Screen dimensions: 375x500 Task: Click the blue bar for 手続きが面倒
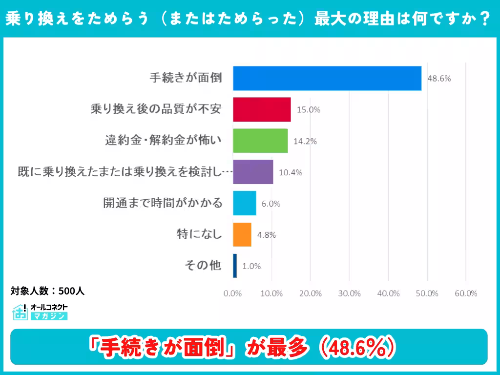327,78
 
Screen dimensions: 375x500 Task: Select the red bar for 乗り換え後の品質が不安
262,109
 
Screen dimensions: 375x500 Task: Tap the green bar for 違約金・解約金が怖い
260,141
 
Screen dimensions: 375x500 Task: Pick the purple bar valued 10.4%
253,172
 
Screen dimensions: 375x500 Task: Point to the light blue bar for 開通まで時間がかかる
245,203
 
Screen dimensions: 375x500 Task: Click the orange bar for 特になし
242,234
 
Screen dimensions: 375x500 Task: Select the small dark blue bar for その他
235,266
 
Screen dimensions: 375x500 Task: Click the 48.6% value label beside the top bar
439,79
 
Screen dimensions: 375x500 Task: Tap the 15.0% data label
308,110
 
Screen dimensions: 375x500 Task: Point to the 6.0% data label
271,204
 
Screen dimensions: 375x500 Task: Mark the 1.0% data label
251,266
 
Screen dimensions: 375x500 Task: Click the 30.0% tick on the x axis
349,293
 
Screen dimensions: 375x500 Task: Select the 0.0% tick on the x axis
233,293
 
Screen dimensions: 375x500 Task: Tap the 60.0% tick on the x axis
466,293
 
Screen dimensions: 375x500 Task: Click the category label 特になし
199,234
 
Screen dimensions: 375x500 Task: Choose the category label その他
203,266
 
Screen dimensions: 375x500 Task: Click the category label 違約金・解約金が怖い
164,141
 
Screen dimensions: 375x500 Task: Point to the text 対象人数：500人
48,291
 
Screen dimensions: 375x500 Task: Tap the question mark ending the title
484,19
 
